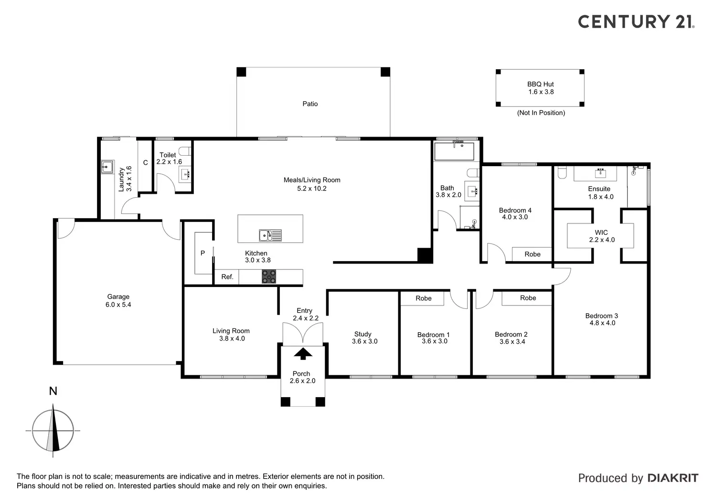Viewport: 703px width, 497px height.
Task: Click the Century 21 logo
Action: tap(636, 21)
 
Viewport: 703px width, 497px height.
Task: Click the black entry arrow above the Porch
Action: tap(302, 354)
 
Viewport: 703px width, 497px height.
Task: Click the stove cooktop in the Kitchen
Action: tap(269, 277)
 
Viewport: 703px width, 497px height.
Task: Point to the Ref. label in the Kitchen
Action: tap(227, 277)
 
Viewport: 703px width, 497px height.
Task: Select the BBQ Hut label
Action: tap(541, 84)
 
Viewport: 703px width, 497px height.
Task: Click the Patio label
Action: tap(310, 104)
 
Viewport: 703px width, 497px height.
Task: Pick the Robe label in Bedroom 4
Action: tap(533, 254)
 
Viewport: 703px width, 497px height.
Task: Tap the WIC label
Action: tap(601, 233)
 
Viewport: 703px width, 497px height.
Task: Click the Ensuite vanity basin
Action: tap(600, 172)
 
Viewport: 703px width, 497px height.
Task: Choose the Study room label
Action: tap(363, 334)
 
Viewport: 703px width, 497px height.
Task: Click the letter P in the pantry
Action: tap(202, 253)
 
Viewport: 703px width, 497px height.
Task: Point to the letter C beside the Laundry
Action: tap(146, 163)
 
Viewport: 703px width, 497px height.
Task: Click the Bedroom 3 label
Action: tap(602, 316)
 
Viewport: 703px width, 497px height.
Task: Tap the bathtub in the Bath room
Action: tap(454, 151)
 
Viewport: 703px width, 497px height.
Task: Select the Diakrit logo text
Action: tap(673, 478)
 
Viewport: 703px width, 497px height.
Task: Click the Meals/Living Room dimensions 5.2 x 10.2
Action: tap(312, 189)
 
